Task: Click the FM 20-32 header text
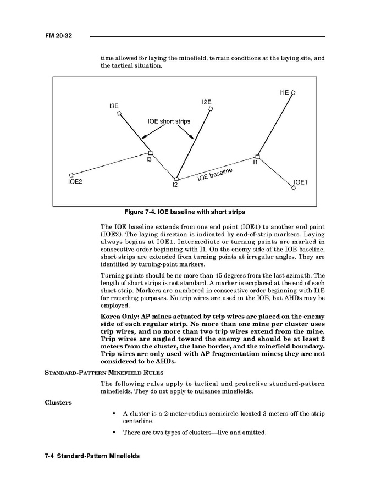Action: (x=59, y=36)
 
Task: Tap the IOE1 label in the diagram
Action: (x=301, y=181)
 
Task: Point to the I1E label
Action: (x=284, y=93)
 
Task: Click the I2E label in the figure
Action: (x=207, y=102)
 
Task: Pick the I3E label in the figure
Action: (x=114, y=106)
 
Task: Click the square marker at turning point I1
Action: (x=257, y=157)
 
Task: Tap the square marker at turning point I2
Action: (x=176, y=179)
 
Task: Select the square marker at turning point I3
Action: (x=151, y=153)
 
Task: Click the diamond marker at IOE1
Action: (x=294, y=189)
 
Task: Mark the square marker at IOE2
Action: (x=71, y=175)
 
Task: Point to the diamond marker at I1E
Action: (x=293, y=93)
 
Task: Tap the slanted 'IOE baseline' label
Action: (x=215, y=175)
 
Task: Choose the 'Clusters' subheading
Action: (x=58, y=402)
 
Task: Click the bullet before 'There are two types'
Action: (x=113, y=433)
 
